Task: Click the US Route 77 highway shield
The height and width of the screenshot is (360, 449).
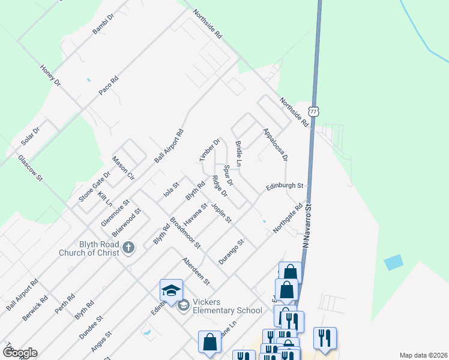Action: (x=313, y=111)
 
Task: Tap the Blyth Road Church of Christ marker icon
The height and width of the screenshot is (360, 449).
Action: (x=128, y=247)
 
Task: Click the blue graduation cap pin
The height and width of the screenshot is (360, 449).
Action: (x=171, y=291)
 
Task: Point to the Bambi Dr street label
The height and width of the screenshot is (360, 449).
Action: (x=103, y=23)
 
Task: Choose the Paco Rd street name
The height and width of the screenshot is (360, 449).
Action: (x=109, y=85)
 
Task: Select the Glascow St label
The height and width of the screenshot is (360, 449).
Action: (x=31, y=168)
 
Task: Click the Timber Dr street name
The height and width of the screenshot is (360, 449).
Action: (x=210, y=150)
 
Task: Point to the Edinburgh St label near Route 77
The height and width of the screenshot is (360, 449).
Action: (x=286, y=187)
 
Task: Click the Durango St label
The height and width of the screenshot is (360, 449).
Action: (x=232, y=253)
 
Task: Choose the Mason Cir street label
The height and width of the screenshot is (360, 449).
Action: (x=123, y=169)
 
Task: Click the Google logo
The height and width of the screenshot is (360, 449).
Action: (x=20, y=353)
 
